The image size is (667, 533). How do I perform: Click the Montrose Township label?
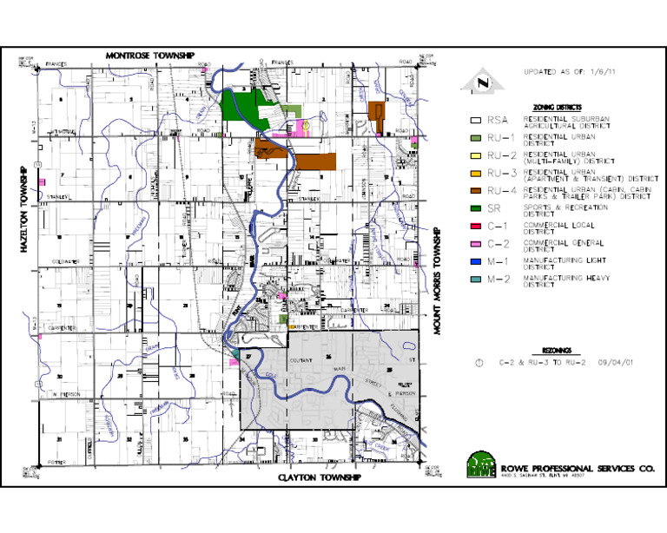tap(150, 55)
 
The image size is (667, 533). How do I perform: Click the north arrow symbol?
tap(476, 83)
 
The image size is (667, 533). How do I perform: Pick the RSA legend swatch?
tap(474, 121)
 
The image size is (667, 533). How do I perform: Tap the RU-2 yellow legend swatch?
tap(474, 155)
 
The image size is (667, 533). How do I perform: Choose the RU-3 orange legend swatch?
tap(474, 174)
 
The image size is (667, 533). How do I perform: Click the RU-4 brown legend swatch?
tap(474, 191)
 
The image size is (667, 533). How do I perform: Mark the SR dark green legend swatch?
tap(474, 209)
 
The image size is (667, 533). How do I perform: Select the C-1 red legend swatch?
tap(474, 227)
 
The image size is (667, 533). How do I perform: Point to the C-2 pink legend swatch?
tap(474, 244)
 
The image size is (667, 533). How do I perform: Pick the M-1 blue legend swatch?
tap(474, 261)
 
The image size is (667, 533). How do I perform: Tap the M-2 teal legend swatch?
tap(474, 279)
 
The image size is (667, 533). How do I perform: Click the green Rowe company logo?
tap(479, 465)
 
